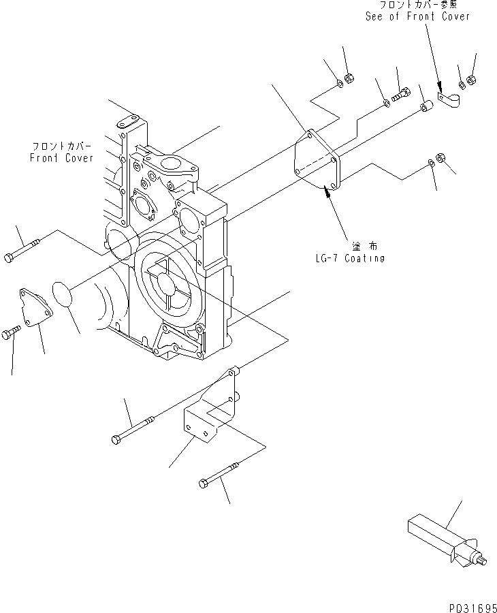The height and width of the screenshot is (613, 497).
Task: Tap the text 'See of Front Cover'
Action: [417, 16]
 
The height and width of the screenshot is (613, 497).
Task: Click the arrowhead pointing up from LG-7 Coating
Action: [329, 195]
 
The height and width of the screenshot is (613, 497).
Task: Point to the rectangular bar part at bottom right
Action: [436, 538]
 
